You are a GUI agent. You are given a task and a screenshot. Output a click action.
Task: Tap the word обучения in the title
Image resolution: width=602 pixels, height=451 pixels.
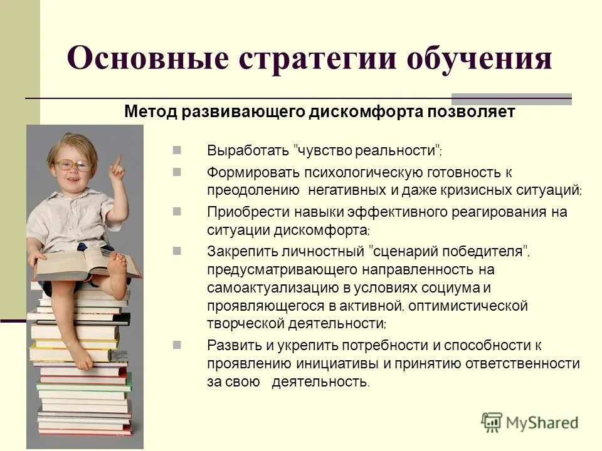pyautogui.click(x=480, y=59)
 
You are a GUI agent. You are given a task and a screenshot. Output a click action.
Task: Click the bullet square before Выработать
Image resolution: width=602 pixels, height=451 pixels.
pyautogui.click(x=177, y=150)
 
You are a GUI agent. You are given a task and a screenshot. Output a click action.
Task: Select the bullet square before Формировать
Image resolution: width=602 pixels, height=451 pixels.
pyautogui.click(x=177, y=171)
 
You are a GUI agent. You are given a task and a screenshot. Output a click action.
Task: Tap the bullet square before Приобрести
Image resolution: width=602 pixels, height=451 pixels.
pyautogui.click(x=177, y=211)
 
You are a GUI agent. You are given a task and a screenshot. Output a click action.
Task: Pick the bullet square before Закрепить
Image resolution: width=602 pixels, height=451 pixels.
pyautogui.click(x=177, y=251)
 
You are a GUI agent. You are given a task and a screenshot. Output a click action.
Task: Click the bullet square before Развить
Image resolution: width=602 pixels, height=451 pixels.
pyautogui.click(x=177, y=344)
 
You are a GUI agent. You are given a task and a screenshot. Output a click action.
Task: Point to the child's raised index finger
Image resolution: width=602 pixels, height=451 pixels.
pyautogui.click(x=117, y=160)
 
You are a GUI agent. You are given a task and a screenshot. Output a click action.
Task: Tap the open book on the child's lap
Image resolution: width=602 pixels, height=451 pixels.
pyautogui.click(x=82, y=263)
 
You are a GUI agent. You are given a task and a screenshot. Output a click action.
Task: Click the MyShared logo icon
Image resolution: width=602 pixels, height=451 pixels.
pyautogui.click(x=492, y=422)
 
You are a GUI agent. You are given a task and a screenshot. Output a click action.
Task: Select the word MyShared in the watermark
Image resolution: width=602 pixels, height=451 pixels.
pyautogui.click(x=542, y=423)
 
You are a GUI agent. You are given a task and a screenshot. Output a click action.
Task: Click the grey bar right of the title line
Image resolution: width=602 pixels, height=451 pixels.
pyautogui.click(x=511, y=99)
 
